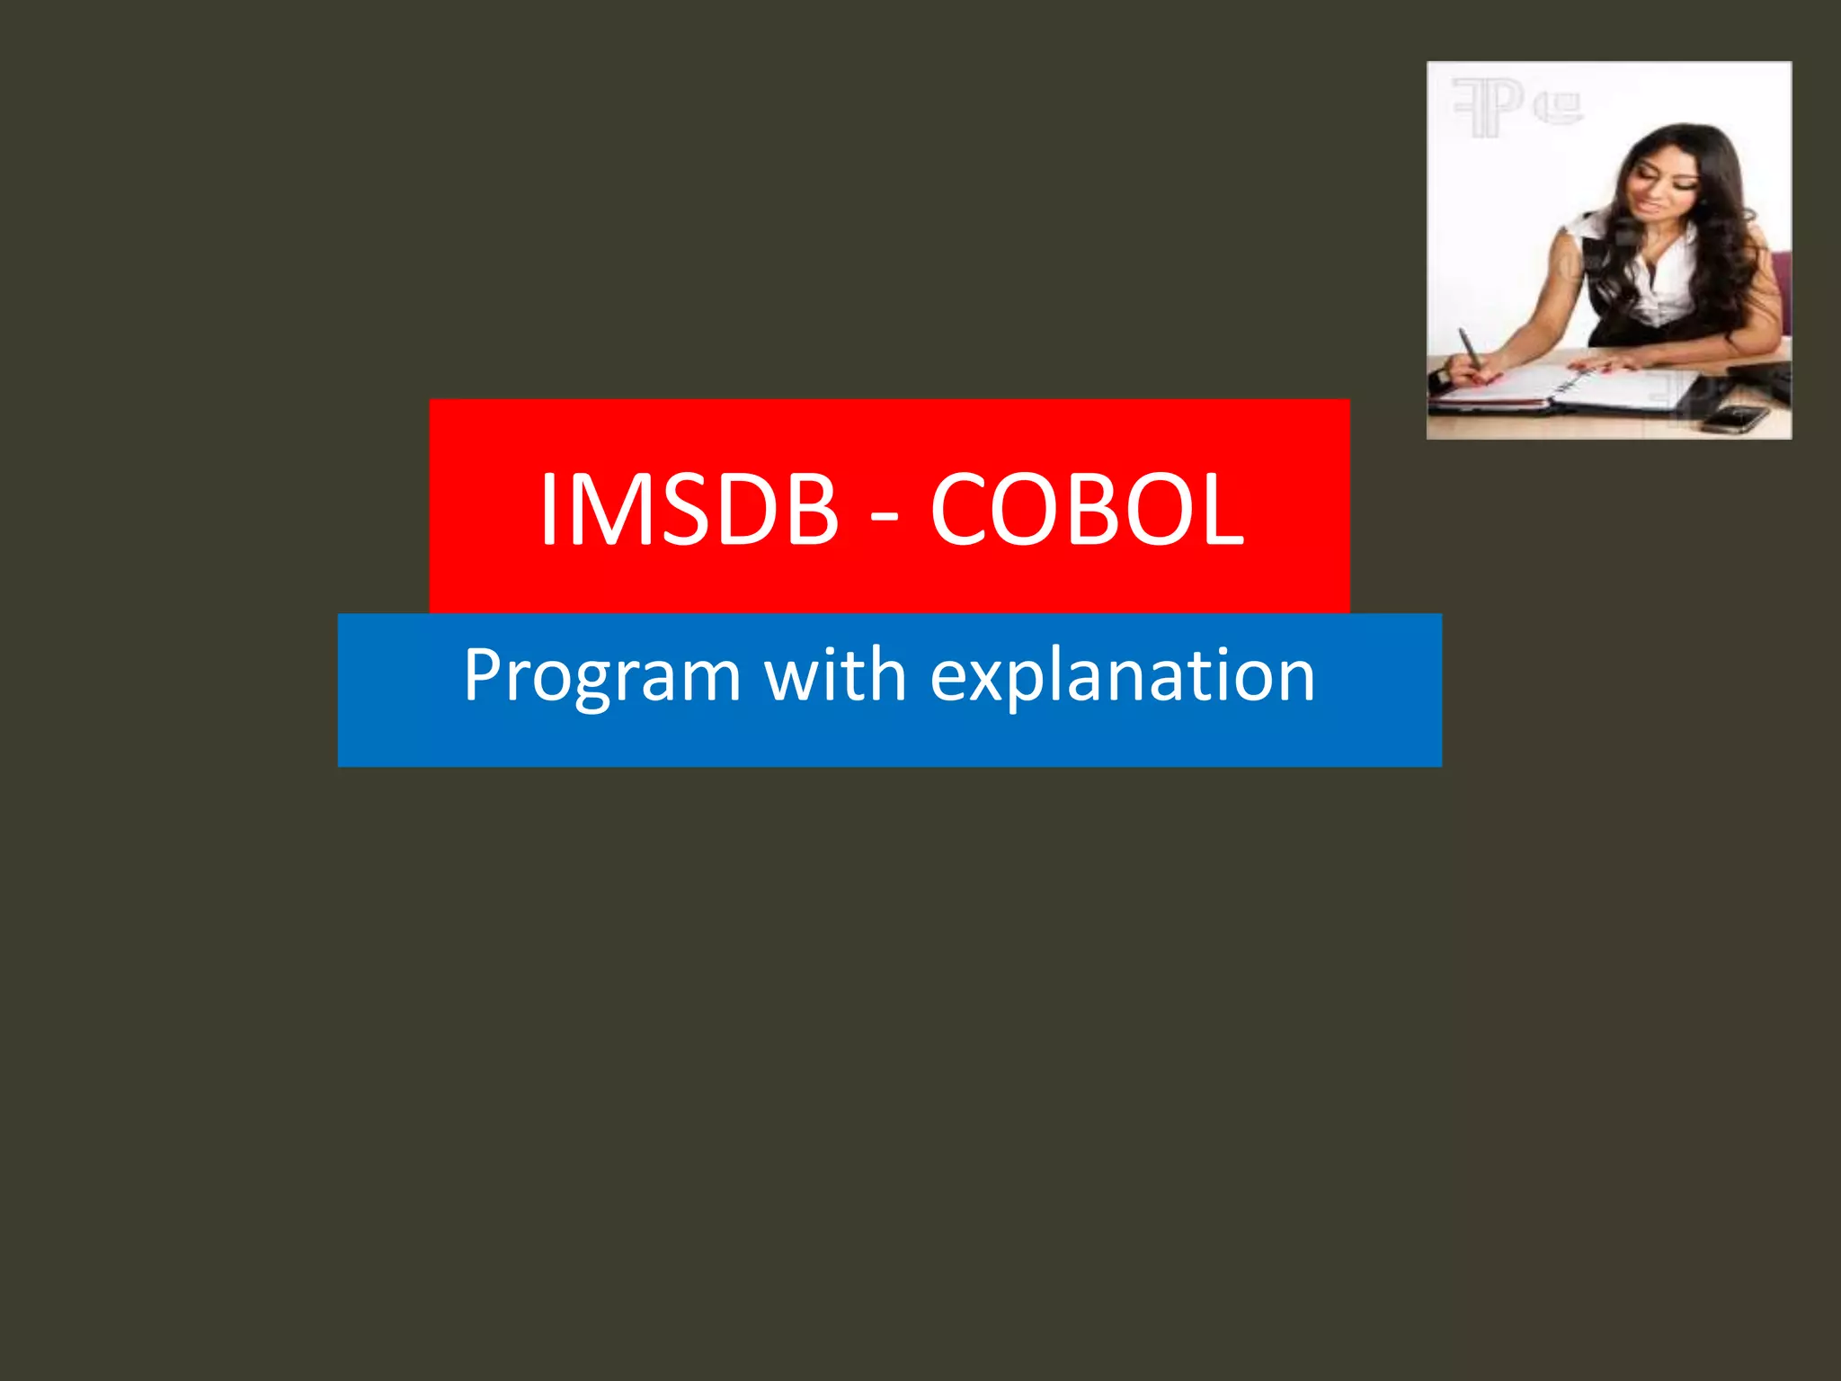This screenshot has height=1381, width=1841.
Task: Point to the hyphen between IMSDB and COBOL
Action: point(885,518)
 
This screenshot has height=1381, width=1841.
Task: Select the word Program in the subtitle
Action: point(601,676)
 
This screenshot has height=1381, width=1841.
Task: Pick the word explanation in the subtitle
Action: point(1123,676)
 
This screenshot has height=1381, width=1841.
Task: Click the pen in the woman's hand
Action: point(1470,349)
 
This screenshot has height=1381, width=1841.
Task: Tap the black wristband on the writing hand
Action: point(1441,378)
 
